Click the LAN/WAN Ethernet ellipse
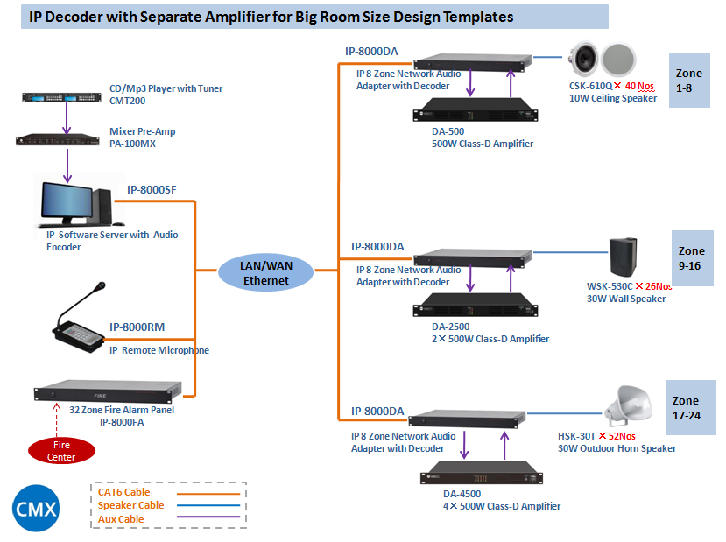click(x=265, y=271)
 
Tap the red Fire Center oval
click(x=60, y=450)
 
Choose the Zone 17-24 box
click(x=691, y=408)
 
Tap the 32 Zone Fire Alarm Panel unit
click(x=107, y=391)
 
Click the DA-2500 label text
click(x=451, y=327)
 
